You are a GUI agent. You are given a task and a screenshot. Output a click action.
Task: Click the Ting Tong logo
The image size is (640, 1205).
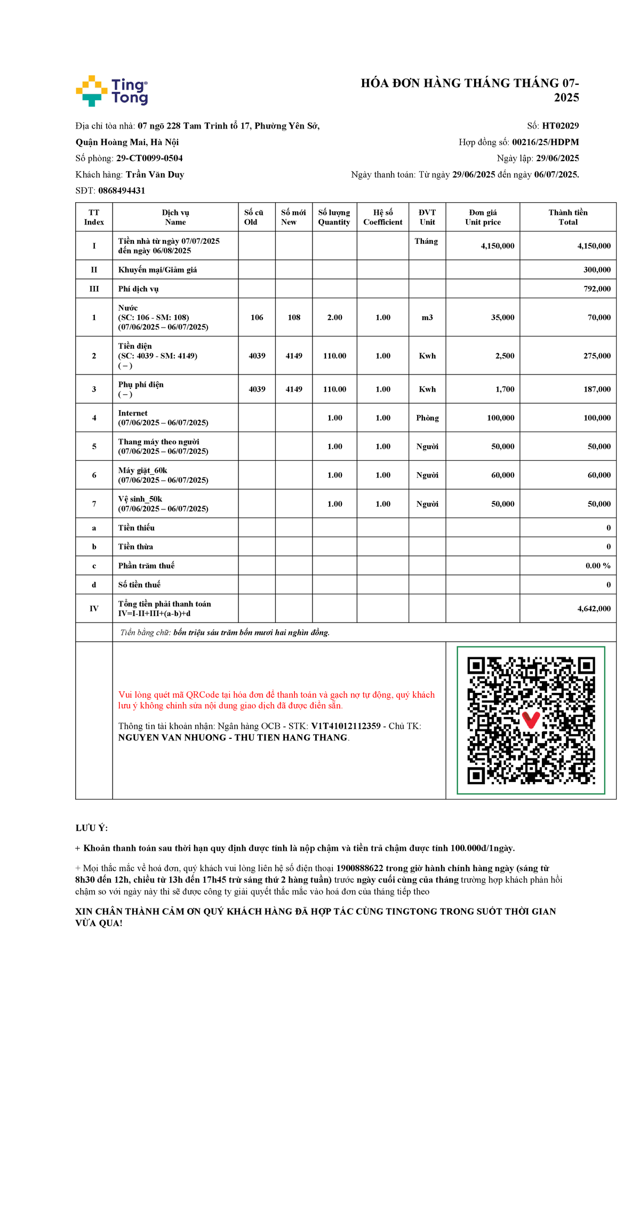pos(112,91)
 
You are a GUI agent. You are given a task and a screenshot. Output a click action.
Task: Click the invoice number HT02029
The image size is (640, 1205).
pos(560,126)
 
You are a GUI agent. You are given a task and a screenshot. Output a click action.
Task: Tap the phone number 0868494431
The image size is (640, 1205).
pos(122,190)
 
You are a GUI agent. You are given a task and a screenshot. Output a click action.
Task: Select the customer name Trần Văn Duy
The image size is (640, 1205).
pos(155,174)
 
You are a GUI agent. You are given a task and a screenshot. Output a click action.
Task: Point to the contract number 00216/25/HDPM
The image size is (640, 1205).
pos(545,142)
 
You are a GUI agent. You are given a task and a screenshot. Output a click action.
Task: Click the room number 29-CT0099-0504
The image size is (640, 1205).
pos(149,158)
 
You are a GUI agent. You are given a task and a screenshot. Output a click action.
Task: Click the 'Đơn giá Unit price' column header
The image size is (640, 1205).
pos(483,217)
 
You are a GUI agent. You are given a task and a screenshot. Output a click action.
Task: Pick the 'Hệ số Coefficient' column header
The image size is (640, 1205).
pos(382,217)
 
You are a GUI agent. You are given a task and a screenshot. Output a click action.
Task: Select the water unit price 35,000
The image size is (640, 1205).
pos(502,317)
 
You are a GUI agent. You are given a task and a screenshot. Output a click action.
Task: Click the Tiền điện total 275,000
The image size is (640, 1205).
pos(597,356)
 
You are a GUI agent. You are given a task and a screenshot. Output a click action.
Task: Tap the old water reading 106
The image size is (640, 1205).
pos(257,317)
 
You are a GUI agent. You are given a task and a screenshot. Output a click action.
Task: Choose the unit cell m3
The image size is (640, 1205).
pos(427,317)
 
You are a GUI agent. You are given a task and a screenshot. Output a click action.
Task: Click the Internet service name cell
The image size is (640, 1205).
pos(163,418)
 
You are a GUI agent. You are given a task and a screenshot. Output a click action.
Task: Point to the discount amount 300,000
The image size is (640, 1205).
pos(597,270)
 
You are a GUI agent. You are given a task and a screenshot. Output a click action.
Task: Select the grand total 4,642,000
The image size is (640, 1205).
pos(594,609)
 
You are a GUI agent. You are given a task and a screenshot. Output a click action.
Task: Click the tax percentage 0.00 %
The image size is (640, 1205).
pos(598,565)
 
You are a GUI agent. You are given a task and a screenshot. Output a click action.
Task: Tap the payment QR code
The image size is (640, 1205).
pos(531,720)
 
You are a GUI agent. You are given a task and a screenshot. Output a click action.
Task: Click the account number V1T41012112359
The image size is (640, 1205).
pos(346,726)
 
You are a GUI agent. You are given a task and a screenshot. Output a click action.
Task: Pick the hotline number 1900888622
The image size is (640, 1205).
pos(359,868)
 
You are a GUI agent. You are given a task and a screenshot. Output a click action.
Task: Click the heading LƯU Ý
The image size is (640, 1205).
pos(92,828)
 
